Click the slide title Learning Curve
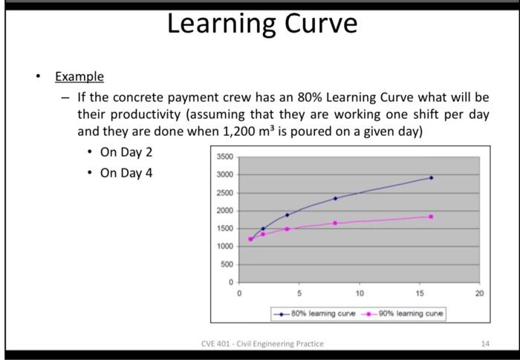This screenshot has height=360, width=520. point(261,24)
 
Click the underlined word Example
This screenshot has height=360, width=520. point(79,77)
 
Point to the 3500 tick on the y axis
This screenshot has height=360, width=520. point(225,157)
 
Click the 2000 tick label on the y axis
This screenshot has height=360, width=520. point(225,211)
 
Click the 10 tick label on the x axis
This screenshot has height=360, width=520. point(360,294)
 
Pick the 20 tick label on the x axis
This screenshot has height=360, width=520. point(479,294)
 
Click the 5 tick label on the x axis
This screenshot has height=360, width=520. point(299,294)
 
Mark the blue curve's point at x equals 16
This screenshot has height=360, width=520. point(431,177)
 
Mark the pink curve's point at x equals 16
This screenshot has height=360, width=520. point(431,217)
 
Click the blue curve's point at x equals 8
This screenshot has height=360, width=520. point(335,198)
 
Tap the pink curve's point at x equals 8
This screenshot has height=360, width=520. point(335,223)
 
